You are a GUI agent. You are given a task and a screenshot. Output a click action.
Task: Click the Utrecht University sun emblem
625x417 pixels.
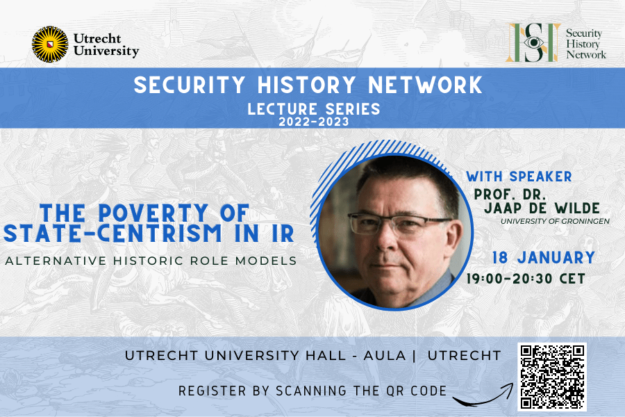[50, 44]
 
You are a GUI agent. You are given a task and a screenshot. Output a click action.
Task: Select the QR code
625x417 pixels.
[551, 376]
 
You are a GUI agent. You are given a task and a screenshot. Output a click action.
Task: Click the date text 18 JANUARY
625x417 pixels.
[543, 258]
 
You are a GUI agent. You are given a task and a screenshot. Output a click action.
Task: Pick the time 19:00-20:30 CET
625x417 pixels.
[527, 279]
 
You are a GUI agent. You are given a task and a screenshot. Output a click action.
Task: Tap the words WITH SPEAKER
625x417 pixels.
[519, 176]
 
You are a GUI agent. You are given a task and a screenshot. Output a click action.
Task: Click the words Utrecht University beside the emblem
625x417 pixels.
[106, 44]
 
